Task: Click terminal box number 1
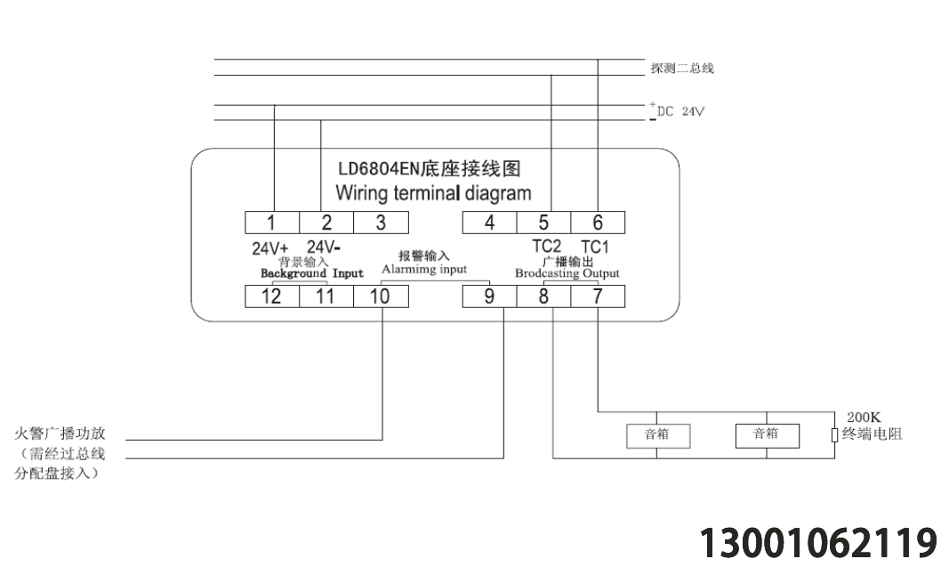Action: click(x=272, y=223)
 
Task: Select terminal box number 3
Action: click(x=381, y=223)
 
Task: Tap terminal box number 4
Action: click(x=489, y=223)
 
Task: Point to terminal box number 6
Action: click(x=598, y=223)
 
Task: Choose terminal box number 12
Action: click(x=272, y=296)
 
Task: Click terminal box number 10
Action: click(x=381, y=296)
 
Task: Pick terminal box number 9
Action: click(x=489, y=296)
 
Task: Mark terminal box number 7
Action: click(x=598, y=296)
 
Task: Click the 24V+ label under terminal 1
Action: click(x=270, y=248)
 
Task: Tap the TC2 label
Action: click(x=547, y=247)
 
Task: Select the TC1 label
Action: click(x=595, y=247)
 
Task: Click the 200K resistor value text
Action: click(x=864, y=417)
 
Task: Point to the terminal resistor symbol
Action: click(x=834, y=435)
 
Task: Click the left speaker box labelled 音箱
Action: click(x=658, y=436)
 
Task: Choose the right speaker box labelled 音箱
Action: click(x=768, y=436)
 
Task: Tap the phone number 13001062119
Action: click(x=818, y=542)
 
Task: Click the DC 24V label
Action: click(x=680, y=111)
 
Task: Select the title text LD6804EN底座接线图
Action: click(x=429, y=169)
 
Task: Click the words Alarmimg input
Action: click(x=424, y=269)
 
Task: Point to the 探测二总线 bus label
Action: click(x=682, y=69)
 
